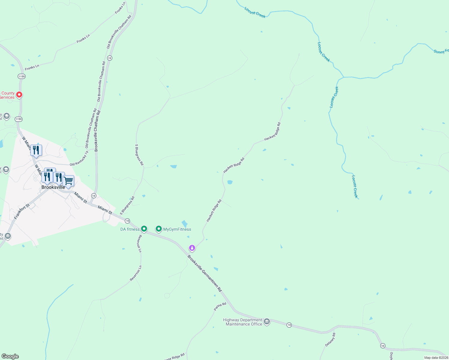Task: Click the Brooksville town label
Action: [x=53, y=187]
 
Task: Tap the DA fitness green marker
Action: [x=144, y=229]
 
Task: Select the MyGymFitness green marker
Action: [x=159, y=229]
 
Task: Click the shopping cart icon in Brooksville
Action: [x=68, y=181]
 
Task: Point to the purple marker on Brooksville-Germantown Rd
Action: [x=192, y=248]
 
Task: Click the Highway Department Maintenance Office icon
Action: [x=267, y=322]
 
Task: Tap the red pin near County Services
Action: [x=19, y=95]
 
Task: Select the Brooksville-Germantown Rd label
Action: [x=204, y=273]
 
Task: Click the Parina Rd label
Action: [x=220, y=307]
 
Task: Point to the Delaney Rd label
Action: [x=330, y=340]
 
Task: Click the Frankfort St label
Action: [x=22, y=211]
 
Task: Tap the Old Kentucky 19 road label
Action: [x=79, y=159]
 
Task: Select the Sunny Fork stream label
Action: [x=441, y=51]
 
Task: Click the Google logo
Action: [x=10, y=356]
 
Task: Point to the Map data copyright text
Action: [x=436, y=358]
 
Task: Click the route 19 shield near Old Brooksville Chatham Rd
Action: [x=110, y=58]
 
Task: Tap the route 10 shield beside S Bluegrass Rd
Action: [x=128, y=221]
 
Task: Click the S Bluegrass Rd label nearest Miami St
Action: [x=127, y=206]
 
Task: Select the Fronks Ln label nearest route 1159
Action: [x=32, y=67]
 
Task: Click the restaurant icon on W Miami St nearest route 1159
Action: [x=36, y=150]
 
